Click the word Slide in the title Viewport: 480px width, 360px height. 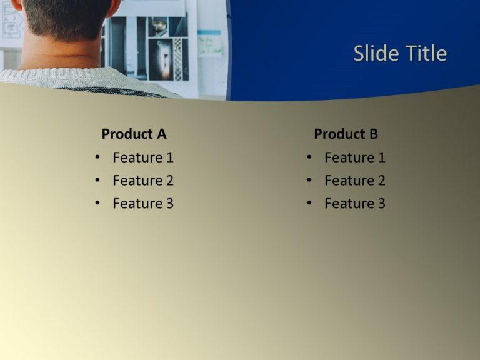point(374,54)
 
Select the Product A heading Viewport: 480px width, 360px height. point(134,134)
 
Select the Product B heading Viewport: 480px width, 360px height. point(346,134)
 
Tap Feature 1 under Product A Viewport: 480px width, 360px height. point(143,157)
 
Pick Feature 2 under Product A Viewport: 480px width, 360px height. point(143,181)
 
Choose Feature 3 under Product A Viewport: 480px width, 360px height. point(143,203)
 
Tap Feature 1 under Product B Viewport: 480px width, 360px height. point(355,157)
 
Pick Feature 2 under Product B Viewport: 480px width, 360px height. point(355,181)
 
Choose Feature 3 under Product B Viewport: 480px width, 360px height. point(355,203)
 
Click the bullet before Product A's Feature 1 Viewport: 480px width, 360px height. point(97,157)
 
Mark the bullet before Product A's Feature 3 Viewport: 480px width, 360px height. point(97,203)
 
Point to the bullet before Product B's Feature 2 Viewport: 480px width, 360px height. point(309,181)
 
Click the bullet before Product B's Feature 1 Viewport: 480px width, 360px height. point(309,157)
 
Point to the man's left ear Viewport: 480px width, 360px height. point(17,5)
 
